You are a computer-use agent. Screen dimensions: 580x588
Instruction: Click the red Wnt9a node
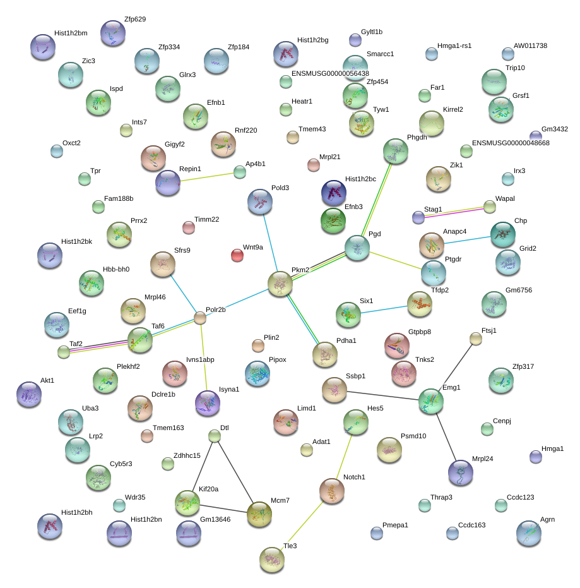pyautogui.click(x=237, y=255)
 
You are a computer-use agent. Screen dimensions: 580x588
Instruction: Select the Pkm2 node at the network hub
pyautogui.click(x=280, y=284)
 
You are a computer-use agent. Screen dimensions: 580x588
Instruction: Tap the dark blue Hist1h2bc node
pyautogui.click(x=333, y=193)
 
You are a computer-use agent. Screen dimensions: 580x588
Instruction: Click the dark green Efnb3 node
pyautogui.click(x=333, y=220)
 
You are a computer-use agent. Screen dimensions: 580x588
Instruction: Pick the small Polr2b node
pyautogui.click(x=200, y=318)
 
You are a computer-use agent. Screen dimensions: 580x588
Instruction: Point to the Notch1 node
pyautogui.click(x=331, y=491)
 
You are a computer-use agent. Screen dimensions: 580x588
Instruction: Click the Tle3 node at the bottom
pyautogui.click(x=272, y=560)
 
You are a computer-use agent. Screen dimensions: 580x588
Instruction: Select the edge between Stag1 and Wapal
pyautogui.click(x=454, y=212)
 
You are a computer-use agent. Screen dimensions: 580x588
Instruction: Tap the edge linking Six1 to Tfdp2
pyautogui.click(x=384, y=309)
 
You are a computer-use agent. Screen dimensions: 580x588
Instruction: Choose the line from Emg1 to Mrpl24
pyautogui.click(x=446, y=437)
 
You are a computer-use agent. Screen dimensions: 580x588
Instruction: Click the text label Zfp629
pyautogui.click(x=135, y=19)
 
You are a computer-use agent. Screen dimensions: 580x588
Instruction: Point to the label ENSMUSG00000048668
pyautogui.click(x=511, y=143)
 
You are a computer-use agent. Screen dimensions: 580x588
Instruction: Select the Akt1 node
pyautogui.click(x=29, y=394)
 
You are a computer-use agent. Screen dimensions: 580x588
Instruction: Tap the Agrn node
pyautogui.click(x=529, y=533)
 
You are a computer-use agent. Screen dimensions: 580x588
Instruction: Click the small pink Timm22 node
pyautogui.click(x=189, y=227)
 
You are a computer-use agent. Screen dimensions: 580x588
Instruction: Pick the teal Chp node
pyautogui.click(x=503, y=234)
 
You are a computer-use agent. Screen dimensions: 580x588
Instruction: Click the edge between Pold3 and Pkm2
pyautogui.click(x=270, y=243)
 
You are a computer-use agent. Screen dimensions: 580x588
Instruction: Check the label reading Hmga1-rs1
pyautogui.click(x=454, y=45)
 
